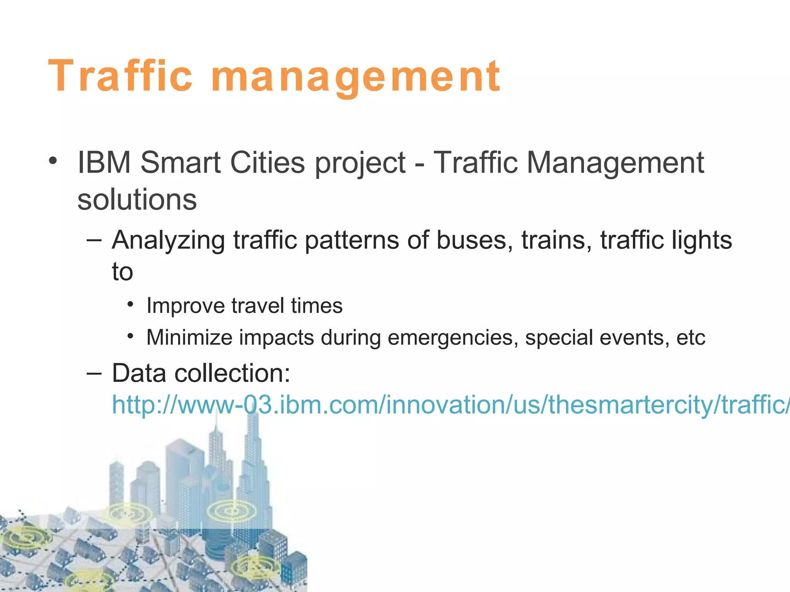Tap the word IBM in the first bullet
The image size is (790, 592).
(x=104, y=163)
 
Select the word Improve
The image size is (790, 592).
(x=185, y=306)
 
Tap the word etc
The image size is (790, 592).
(x=691, y=338)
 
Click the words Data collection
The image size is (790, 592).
(x=201, y=373)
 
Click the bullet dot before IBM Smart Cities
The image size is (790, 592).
(x=53, y=161)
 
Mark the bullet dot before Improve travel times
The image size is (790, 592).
(x=131, y=305)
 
